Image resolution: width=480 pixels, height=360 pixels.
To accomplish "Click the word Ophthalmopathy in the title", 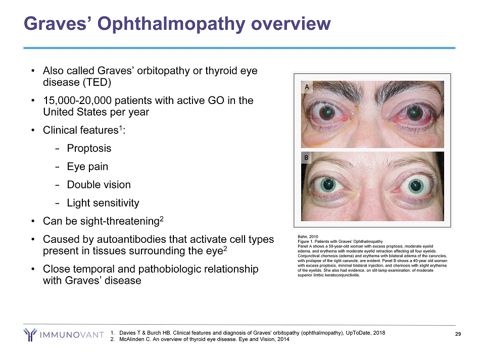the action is pyautogui.click(x=171, y=24).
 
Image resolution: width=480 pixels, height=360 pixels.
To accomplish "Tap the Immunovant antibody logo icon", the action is pyautogui.click(x=30, y=335).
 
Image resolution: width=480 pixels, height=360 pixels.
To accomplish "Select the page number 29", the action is pyautogui.click(x=458, y=334).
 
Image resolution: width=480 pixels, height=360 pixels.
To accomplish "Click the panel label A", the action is pyautogui.click(x=307, y=87).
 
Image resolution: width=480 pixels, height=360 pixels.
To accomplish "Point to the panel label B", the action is pyautogui.click(x=306, y=158).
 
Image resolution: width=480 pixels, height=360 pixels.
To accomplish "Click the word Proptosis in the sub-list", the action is pyautogui.click(x=89, y=148).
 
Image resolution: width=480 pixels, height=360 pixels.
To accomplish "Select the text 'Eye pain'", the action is pyautogui.click(x=87, y=167).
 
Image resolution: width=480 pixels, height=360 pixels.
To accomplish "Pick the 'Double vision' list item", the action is pyautogui.click(x=99, y=185).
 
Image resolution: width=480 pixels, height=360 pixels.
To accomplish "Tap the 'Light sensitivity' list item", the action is pyautogui.click(x=103, y=203).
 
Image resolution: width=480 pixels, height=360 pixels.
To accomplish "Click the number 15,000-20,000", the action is pyautogui.click(x=73, y=100).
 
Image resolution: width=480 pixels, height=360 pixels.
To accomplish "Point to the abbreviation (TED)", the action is pyautogui.click(x=97, y=82).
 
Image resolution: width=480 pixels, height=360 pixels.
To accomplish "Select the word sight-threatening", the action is pyautogui.click(x=120, y=221).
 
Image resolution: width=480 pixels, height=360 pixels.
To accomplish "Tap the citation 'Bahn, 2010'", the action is pyautogui.click(x=308, y=237).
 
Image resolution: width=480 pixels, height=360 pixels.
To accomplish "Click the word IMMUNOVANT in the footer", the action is pyautogui.click(x=72, y=335).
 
